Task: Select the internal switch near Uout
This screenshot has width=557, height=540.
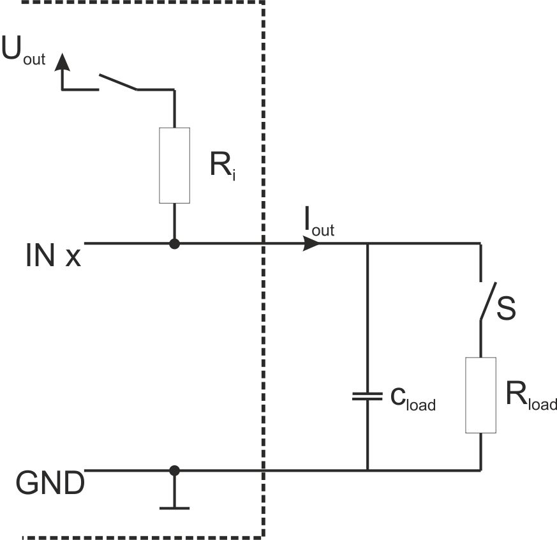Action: pyautogui.click(x=118, y=82)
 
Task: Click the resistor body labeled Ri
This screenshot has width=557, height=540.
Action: pyautogui.click(x=174, y=165)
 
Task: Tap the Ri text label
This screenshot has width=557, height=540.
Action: pyautogui.click(x=223, y=166)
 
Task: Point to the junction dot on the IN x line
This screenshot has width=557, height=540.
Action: pyautogui.click(x=174, y=244)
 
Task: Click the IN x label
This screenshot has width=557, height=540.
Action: pyautogui.click(x=54, y=255)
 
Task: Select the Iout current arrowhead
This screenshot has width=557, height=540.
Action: pyautogui.click(x=311, y=244)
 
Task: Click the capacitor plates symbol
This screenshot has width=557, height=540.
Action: pyautogui.click(x=368, y=396)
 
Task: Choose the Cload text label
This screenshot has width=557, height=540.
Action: pyautogui.click(x=413, y=400)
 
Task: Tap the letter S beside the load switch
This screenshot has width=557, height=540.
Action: pyautogui.click(x=506, y=309)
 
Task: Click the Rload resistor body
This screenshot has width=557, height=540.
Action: pyautogui.click(x=481, y=395)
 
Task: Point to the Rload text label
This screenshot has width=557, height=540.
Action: pyautogui.click(x=531, y=396)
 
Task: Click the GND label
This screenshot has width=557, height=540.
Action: pyautogui.click(x=50, y=483)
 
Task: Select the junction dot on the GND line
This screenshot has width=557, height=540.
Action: pyautogui.click(x=174, y=470)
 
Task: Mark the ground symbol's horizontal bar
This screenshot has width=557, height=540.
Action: pyautogui.click(x=174, y=508)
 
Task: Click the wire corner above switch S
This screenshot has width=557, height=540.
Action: pyautogui.click(x=480, y=244)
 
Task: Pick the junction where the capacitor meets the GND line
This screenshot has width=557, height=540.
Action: pyautogui.click(x=368, y=470)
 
